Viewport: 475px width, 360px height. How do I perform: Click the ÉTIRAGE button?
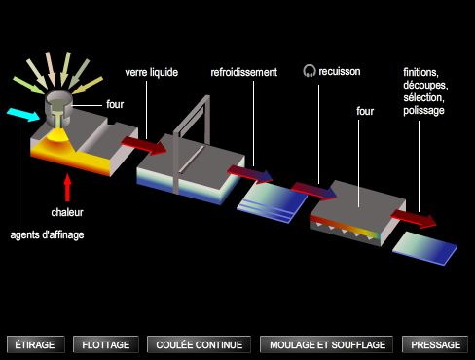pyautogui.click(x=35, y=344)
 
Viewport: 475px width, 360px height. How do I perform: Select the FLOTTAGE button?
pyautogui.click(x=106, y=344)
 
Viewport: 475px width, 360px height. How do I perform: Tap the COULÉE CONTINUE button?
pyautogui.click(x=199, y=344)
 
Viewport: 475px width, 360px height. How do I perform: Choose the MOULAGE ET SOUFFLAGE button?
pyautogui.click(x=326, y=344)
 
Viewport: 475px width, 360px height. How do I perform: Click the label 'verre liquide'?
pyautogui.click(x=152, y=72)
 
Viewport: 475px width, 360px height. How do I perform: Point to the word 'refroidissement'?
pyautogui.click(x=244, y=72)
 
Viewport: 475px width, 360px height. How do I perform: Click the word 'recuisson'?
pyautogui.click(x=340, y=71)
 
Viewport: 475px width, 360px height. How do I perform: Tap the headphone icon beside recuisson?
pyautogui.click(x=310, y=71)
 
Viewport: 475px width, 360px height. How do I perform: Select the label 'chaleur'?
pyautogui.click(x=67, y=212)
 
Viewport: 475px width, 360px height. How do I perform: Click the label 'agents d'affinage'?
pyautogui.click(x=47, y=234)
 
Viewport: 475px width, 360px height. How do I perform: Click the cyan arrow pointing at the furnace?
pyautogui.click(x=23, y=115)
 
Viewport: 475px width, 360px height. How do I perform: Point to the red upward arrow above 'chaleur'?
pyautogui.click(x=67, y=188)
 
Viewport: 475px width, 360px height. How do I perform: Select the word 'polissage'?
pyautogui.click(x=423, y=111)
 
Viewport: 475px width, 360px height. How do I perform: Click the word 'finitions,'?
pyautogui.click(x=420, y=72)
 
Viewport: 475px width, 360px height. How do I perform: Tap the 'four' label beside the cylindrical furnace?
pyautogui.click(x=115, y=104)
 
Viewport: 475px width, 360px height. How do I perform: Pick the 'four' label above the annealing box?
pyautogui.click(x=365, y=111)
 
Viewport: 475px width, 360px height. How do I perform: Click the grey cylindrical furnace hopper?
pyautogui.click(x=58, y=108)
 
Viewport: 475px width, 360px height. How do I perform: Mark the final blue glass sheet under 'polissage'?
pyautogui.click(x=424, y=248)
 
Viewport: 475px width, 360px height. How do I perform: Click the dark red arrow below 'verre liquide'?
pyautogui.click(x=144, y=145)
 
